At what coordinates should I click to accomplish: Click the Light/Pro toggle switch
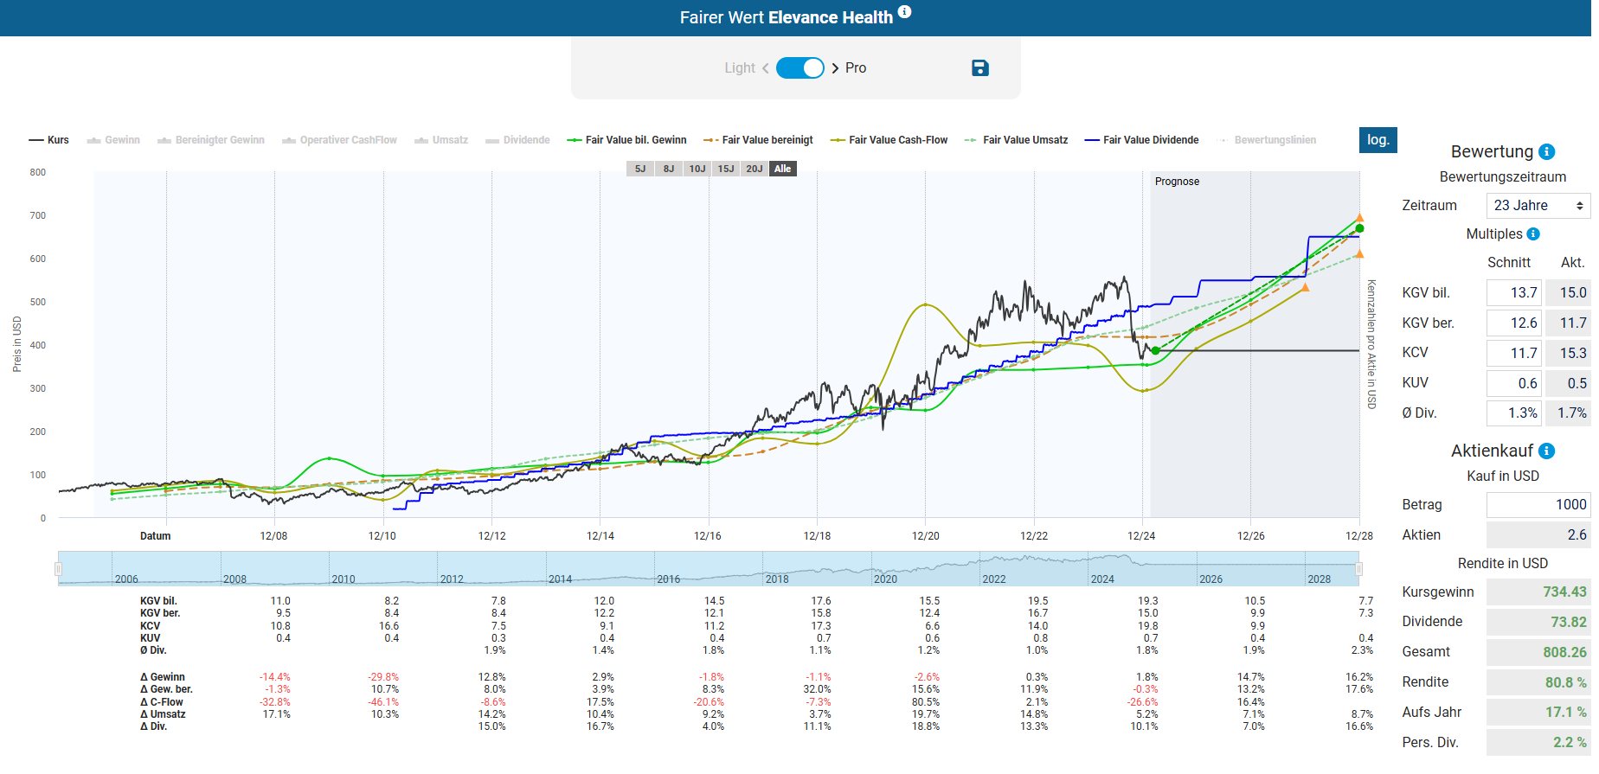pyautogui.click(x=799, y=68)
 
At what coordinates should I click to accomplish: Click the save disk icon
pyautogui.click(x=979, y=68)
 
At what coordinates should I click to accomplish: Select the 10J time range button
pyautogui.click(x=697, y=169)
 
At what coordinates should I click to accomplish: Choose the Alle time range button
pyautogui.click(x=782, y=169)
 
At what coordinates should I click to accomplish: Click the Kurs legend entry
pyautogui.click(x=49, y=140)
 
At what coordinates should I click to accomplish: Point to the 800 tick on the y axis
pyautogui.click(x=38, y=172)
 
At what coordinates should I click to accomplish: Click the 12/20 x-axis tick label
pyautogui.click(x=925, y=536)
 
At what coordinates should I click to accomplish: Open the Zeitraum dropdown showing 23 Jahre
pyautogui.click(x=1538, y=206)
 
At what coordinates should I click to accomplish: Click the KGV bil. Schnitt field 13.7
pyautogui.click(x=1513, y=293)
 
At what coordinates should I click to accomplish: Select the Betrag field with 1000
pyautogui.click(x=1538, y=505)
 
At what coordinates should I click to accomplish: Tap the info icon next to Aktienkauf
pyautogui.click(x=1547, y=451)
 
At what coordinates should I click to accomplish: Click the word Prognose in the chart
pyautogui.click(x=1177, y=182)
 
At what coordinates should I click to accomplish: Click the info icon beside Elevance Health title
pyautogui.click(x=904, y=12)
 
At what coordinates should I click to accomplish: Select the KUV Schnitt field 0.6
pyautogui.click(x=1513, y=383)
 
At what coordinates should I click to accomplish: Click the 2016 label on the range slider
pyautogui.click(x=668, y=579)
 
